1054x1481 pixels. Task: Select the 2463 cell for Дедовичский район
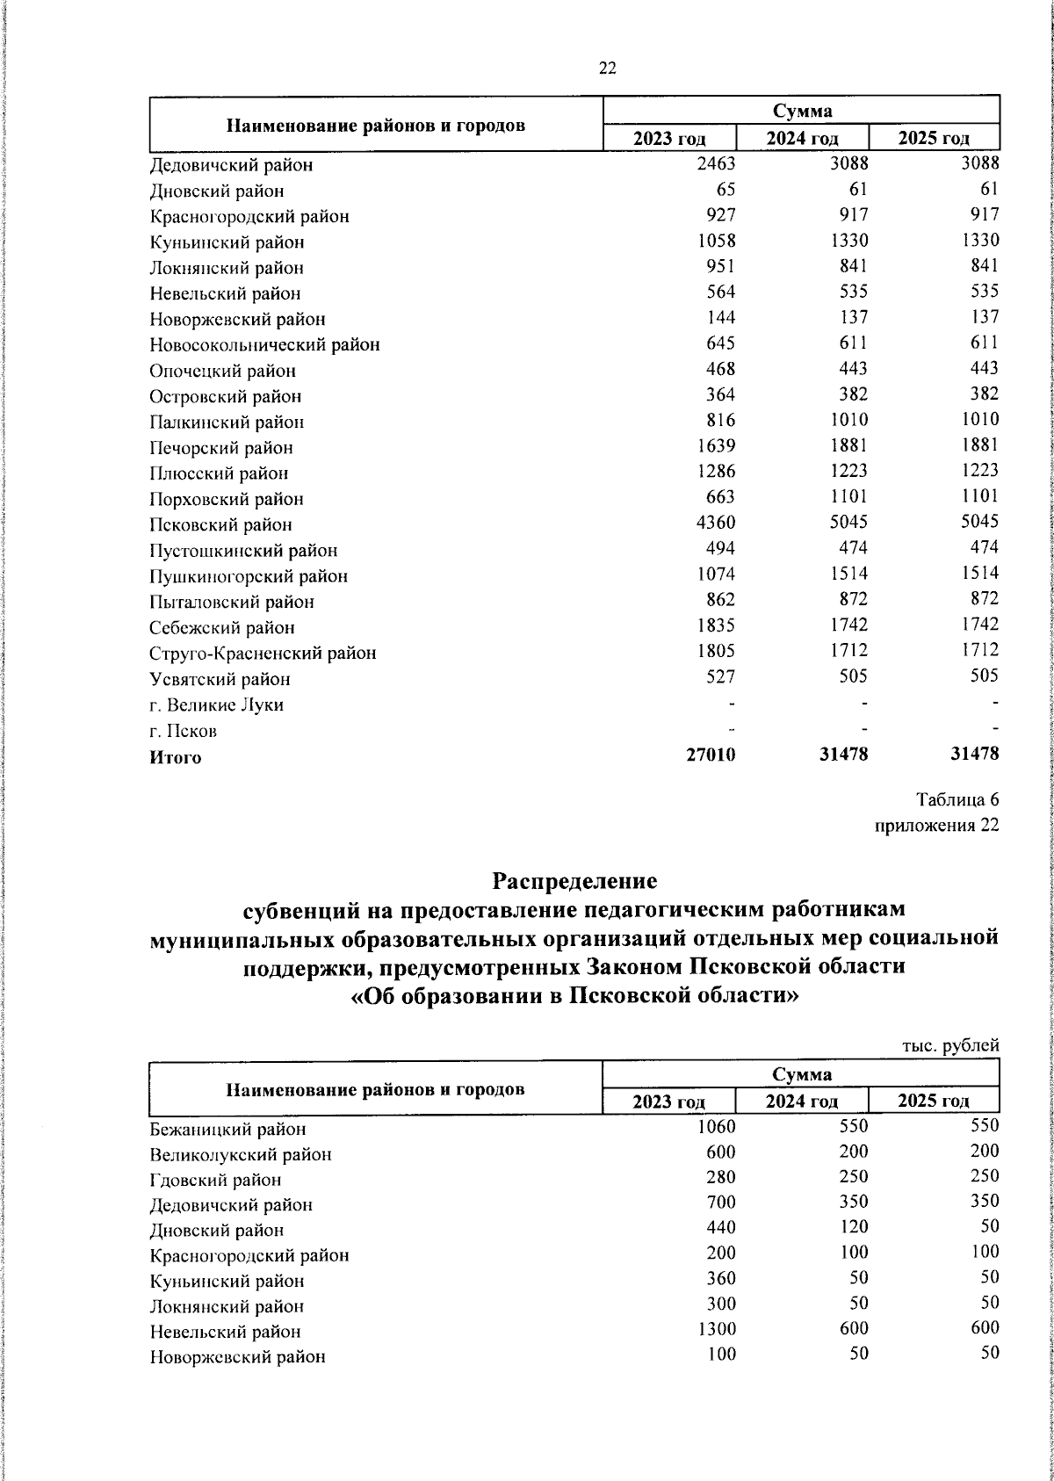click(x=715, y=163)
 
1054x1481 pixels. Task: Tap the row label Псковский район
click(x=220, y=525)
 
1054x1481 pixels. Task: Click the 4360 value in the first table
click(x=715, y=522)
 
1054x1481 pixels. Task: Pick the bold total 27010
click(x=711, y=754)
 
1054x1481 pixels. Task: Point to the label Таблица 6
click(x=957, y=800)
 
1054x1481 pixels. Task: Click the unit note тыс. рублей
click(x=951, y=1045)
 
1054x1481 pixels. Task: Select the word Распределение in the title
click(x=574, y=879)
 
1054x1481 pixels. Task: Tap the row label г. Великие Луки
click(x=216, y=705)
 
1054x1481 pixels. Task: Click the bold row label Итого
click(x=175, y=757)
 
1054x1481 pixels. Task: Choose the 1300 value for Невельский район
click(x=717, y=1329)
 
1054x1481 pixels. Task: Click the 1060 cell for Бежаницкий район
click(x=717, y=1125)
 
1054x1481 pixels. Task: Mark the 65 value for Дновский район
click(x=726, y=189)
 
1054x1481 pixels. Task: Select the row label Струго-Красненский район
click(x=263, y=654)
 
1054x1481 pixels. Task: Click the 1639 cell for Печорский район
click(x=715, y=445)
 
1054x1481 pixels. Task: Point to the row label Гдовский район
click(x=215, y=1180)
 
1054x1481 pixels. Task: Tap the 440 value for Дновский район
click(x=720, y=1227)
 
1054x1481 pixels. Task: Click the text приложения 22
click(x=936, y=826)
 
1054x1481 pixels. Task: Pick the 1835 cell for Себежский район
click(x=715, y=625)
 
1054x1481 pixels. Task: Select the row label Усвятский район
click(x=220, y=679)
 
